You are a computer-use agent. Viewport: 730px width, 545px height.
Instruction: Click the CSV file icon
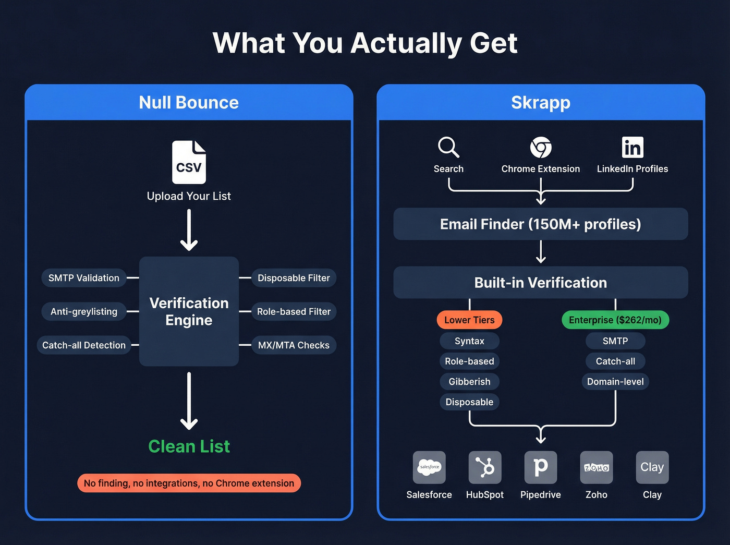point(189,162)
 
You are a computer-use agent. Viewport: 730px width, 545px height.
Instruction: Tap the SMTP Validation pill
point(84,278)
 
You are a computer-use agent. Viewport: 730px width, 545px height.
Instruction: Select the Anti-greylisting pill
point(84,311)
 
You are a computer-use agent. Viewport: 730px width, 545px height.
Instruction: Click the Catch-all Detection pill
point(84,345)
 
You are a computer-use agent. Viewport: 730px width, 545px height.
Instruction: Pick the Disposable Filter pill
point(294,278)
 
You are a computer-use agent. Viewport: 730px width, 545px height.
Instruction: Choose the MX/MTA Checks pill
point(294,345)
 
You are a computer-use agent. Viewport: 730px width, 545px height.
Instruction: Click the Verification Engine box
point(189,311)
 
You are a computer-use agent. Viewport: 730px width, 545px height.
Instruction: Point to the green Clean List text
point(189,446)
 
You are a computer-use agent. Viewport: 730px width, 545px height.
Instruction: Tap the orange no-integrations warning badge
point(189,483)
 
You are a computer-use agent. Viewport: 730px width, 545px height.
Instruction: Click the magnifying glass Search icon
point(448,148)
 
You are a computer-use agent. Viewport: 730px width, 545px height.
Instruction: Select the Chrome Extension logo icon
point(541,148)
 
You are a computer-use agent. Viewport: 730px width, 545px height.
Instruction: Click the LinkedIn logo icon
point(632,148)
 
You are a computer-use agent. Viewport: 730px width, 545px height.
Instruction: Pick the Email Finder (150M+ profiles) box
point(541,224)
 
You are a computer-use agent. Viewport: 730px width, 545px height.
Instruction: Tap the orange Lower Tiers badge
point(469,320)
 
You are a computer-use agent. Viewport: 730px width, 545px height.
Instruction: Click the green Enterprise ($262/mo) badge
point(615,320)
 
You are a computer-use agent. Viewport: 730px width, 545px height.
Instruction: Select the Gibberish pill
point(469,382)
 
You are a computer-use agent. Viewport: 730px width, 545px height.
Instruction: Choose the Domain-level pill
point(615,382)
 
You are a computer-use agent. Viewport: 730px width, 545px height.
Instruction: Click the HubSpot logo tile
point(485,467)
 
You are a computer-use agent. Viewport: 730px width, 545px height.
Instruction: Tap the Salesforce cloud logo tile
point(429,467)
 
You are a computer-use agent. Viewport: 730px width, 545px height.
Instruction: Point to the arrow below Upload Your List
point(189,231)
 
